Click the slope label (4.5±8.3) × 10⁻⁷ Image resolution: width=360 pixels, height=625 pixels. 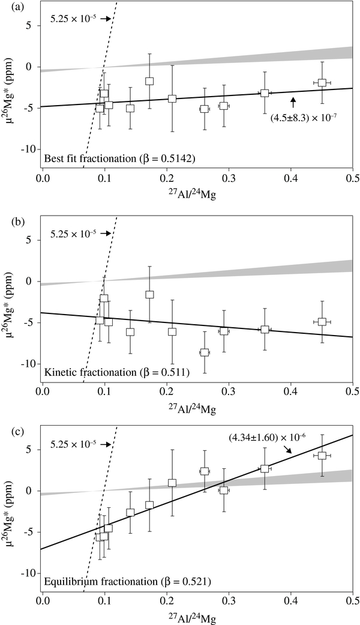click(304, 116)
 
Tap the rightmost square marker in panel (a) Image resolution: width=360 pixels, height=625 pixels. click(322, 82)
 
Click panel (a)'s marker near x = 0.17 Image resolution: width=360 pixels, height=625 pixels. click(149, 81)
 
